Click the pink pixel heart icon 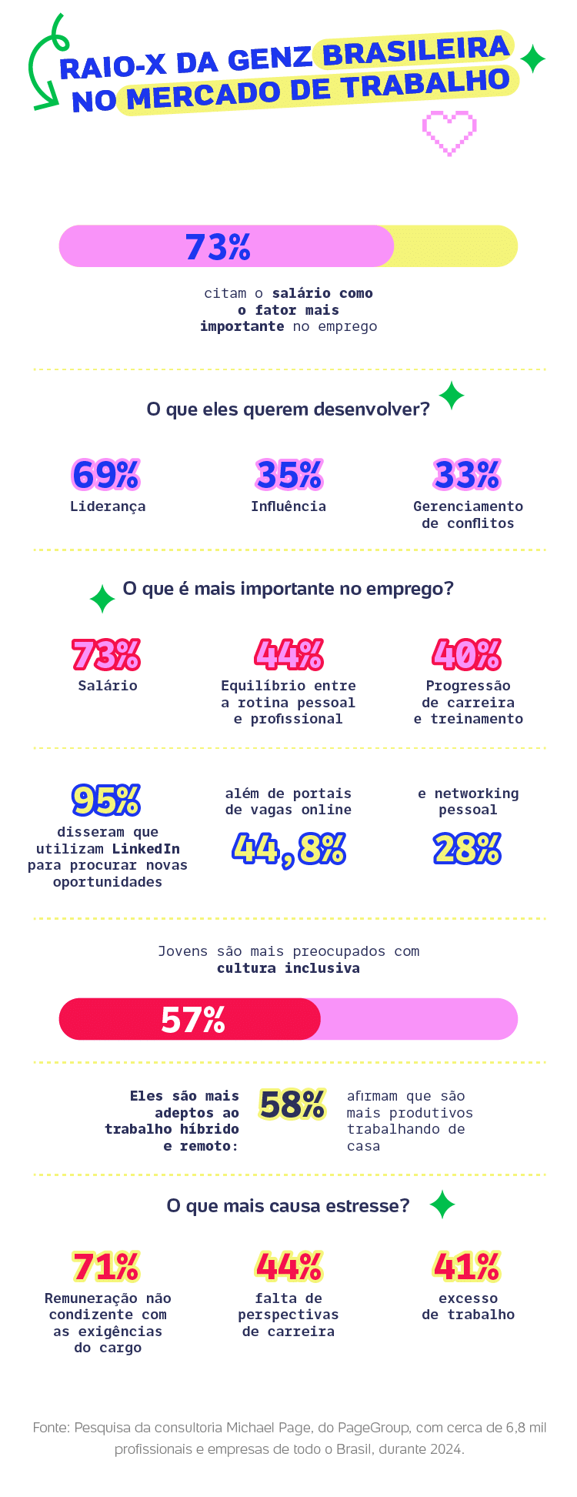449,132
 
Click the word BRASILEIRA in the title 415,52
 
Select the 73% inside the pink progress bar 218,247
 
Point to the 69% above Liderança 106,475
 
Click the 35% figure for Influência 288,475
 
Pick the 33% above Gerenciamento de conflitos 467,475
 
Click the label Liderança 108,506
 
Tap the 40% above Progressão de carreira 467,654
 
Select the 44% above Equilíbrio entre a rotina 288,654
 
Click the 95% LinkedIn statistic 106,800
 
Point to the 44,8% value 288,850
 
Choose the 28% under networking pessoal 467,850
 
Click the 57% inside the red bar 193,1020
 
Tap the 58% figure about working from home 292,1104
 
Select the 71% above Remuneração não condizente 106,1266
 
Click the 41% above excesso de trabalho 467,1266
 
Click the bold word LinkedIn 145,849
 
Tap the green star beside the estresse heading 442,1205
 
